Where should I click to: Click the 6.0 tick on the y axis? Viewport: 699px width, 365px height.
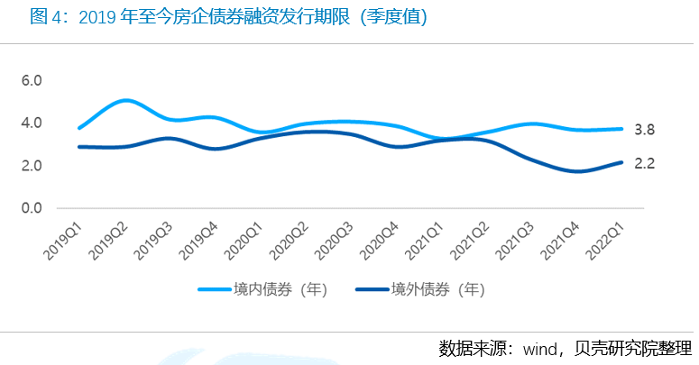pyautogui.click(x=32, y=81)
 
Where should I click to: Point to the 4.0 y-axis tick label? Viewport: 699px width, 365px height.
pyautogui.click(x=32, y=123)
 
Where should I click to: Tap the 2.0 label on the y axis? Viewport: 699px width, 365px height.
pyautogui.click(x=32, y=166)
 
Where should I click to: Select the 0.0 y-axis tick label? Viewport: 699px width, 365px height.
pyautogui.click(x=32, y=208)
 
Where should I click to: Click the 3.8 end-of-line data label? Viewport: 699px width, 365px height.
pyautogui.click(x=644, y=130)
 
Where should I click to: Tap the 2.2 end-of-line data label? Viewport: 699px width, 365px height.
pyautogui.click(x=644, y=164)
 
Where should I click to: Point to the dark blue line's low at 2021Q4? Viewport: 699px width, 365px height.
pyautogui.click(x=579, y=171)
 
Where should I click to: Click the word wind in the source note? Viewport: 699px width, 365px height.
pyautogui.click(x=540, y=349)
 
